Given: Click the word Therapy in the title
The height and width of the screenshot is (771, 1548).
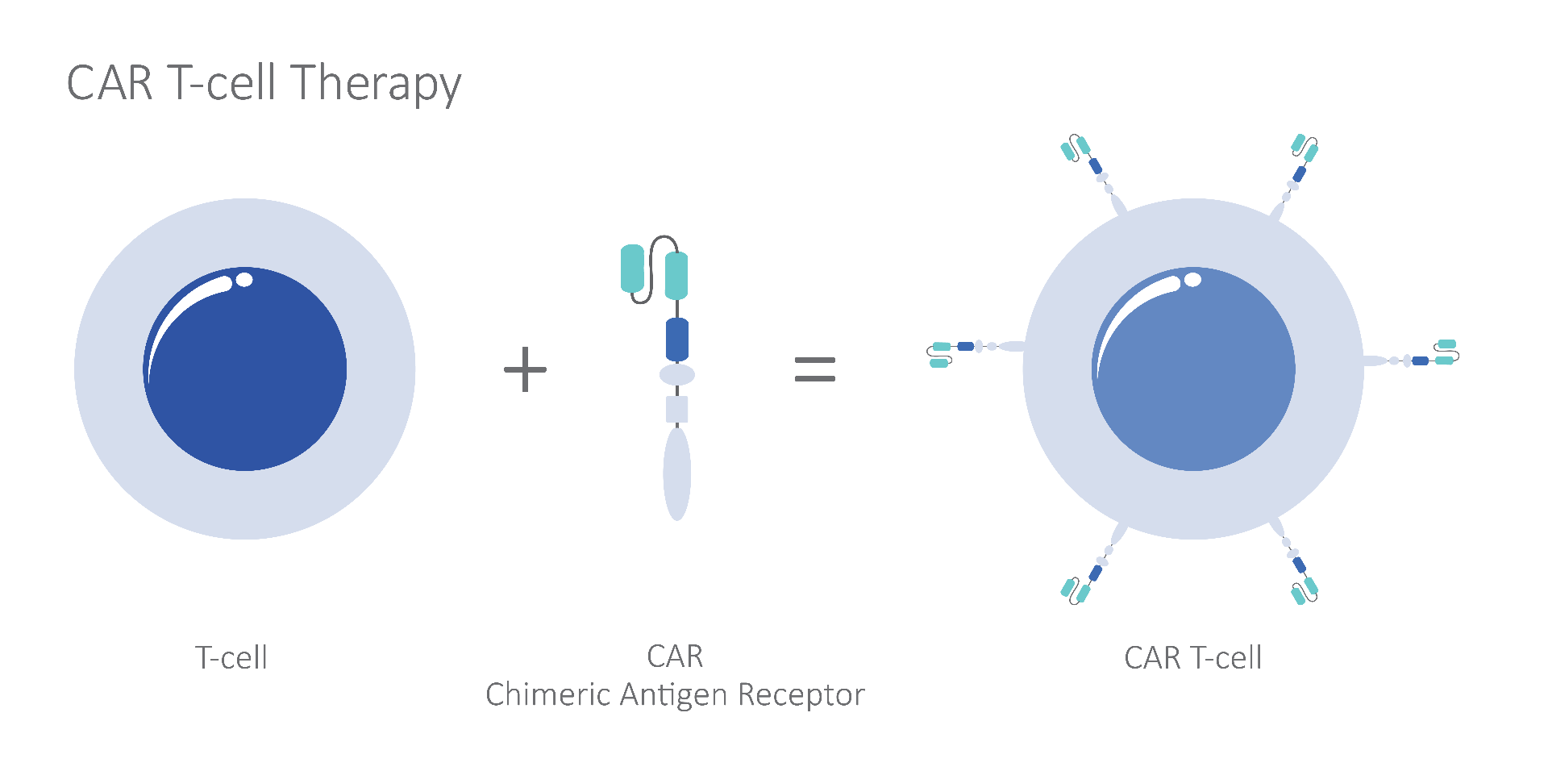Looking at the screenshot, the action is pos(377,83).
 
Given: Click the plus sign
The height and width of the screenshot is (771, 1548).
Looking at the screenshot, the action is pos(525,369).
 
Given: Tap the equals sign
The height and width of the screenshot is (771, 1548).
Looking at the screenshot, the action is pos(815,369).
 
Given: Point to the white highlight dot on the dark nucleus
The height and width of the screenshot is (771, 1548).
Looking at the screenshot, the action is pos(243,280).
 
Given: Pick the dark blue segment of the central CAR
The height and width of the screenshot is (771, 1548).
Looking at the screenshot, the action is pos(677,340).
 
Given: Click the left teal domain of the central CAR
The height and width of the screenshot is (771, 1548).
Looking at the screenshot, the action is pos(632,269).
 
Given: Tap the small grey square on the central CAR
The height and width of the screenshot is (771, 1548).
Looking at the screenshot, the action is pos(677,410).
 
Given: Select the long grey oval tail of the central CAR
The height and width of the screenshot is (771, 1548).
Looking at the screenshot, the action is pos(677,473).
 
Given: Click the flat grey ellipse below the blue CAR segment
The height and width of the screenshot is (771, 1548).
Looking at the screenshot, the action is pos(677,374).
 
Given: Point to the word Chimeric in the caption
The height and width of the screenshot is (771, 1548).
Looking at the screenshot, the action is pos(547,694).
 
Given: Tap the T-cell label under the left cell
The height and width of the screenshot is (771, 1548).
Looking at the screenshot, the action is pos(231,658).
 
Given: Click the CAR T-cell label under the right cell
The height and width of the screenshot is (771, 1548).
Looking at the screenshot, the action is pos(1193,658).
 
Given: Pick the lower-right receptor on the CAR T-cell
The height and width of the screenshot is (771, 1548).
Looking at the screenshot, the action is pos(1294,561).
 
